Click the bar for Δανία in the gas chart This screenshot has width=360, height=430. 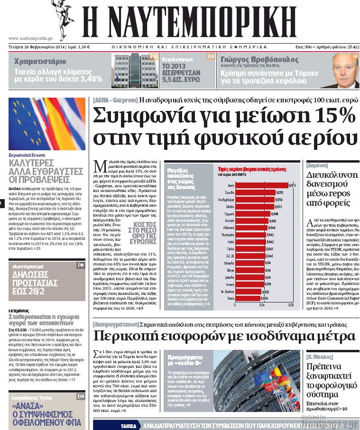261,185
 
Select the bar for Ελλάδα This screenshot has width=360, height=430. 254,207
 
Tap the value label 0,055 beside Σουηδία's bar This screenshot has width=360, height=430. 279,192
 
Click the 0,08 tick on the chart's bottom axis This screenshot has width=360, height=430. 291,305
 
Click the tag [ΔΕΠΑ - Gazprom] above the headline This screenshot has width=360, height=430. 115,101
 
